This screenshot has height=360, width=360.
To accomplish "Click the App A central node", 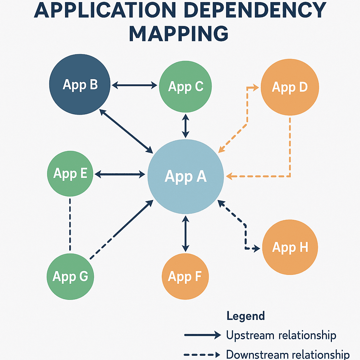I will [186, 176].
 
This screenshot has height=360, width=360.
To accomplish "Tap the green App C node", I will [185, 86].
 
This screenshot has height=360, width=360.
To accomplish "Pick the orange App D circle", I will [290, 87].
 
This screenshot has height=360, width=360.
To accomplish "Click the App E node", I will [70, 173].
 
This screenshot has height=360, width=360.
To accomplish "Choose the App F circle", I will [185, 277].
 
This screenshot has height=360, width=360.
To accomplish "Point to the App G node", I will [70, 277].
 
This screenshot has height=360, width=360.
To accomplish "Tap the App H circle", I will [290, 247].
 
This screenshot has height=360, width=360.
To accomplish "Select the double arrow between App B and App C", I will [134, 85].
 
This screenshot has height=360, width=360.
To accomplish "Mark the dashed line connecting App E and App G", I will [70, 224].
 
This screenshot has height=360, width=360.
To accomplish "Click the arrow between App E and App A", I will [120, 174].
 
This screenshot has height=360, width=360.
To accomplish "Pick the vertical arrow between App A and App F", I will [185, 234].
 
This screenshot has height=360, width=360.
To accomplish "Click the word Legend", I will [245, 316].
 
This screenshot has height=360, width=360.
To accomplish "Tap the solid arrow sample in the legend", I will [202, 335].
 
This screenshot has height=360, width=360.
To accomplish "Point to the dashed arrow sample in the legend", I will [202, 354].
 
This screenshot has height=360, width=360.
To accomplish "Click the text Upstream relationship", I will [281, 335].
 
